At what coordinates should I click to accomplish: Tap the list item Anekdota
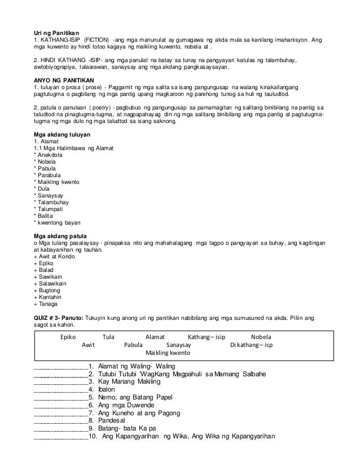tap(50, 155)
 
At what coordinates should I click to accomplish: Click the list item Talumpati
tap(50, 208)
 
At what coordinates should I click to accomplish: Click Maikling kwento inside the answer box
tap(168, 354)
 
